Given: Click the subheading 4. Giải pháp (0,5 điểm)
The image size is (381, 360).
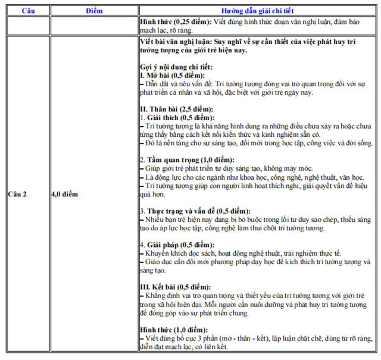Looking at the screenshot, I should [176, 245].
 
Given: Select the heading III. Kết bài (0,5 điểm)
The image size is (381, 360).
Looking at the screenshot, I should [176, 287].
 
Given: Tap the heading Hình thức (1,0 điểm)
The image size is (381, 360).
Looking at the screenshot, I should [173, 329].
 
